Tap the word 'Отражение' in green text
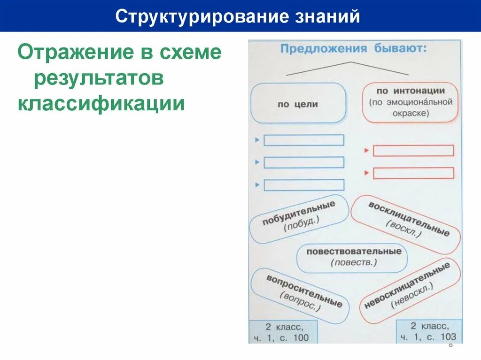click(69, 53)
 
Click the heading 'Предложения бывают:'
click(353, 49)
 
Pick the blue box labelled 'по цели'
click(298, 104)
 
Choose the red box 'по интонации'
click(410, 101)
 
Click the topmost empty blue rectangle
click(304, 140)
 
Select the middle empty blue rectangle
click(304, 162)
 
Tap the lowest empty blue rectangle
click(304, 185)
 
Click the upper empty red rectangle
click(413, 151)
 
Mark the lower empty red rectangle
click(413, 173)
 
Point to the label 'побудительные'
click(299, 219)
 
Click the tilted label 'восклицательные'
click(406, 224)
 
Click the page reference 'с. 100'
click(295, 338)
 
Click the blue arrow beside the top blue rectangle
click(257, 140)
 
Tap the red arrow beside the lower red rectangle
click(367, 173)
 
